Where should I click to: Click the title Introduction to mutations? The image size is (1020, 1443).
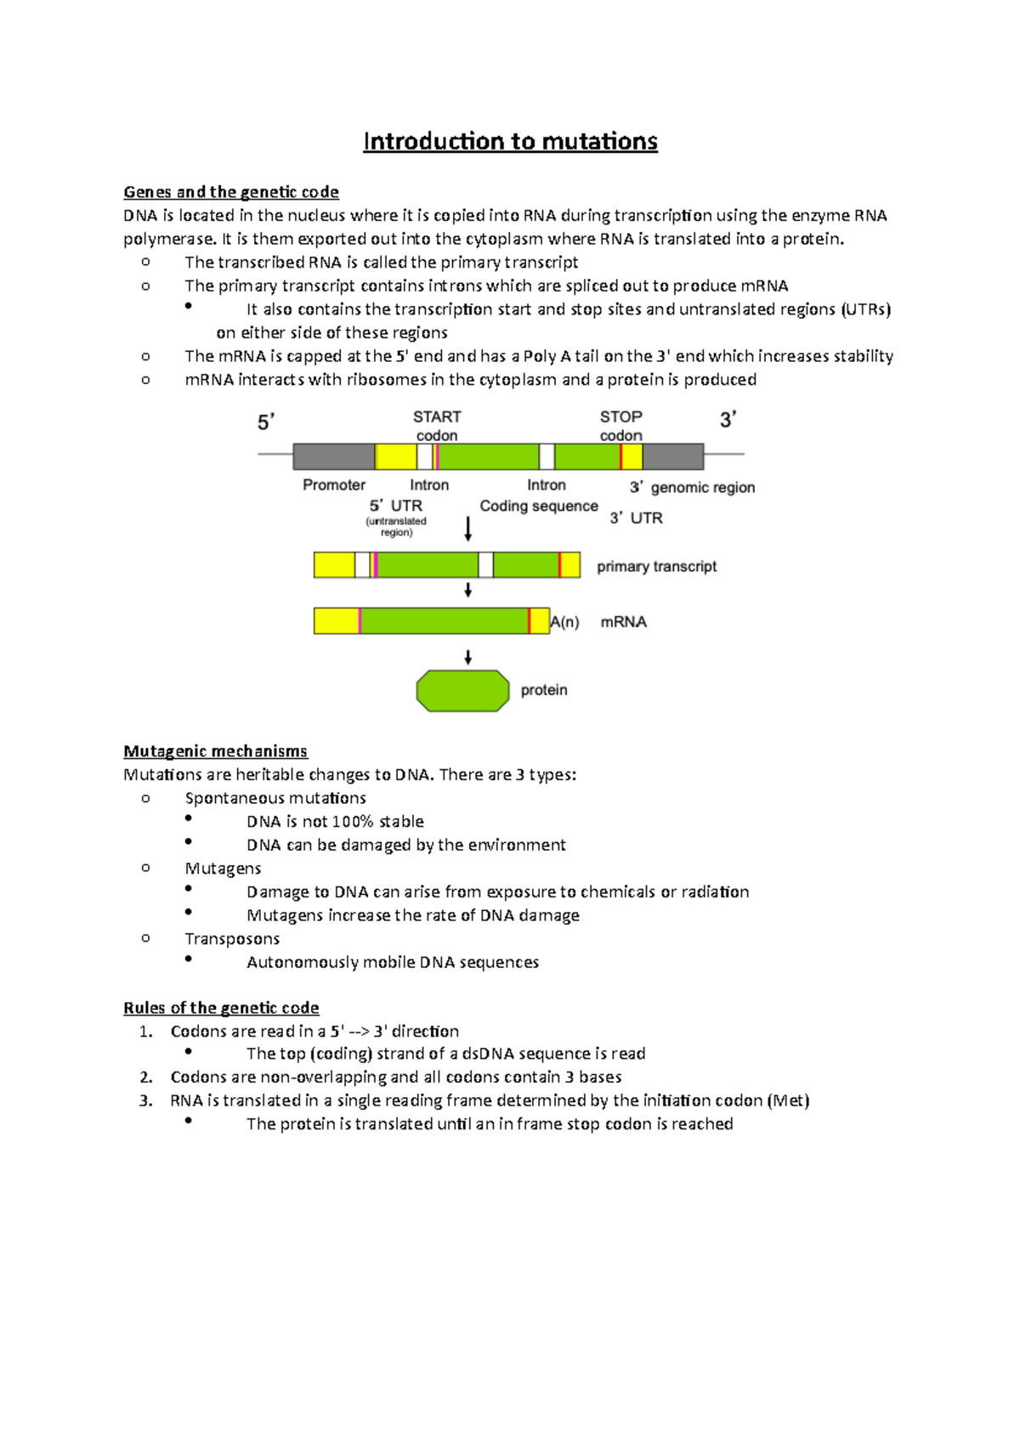tap(510, 141)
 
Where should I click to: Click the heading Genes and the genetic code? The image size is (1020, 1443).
tap(231, 192)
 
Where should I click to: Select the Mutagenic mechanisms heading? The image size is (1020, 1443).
tap(215, 751)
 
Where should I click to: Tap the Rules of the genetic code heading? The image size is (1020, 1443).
tap(221, 1008)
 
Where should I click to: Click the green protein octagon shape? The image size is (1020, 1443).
tap(462, 690)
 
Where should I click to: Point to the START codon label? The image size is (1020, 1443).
tap(437, 426)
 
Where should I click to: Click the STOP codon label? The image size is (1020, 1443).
tap(621, 426)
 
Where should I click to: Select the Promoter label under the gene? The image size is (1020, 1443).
tap(334, 485)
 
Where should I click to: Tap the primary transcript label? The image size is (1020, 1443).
tap(656, 567)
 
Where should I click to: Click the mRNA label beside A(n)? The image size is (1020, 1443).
tap(624, 622)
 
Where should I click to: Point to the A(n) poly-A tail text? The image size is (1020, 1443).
tap(564, 622)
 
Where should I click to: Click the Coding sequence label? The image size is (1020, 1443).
tap(539, 506)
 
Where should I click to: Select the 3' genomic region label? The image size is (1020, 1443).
tap(692, 488)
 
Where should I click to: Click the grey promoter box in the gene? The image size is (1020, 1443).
tap(333, 456)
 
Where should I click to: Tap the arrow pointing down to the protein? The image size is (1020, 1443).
tap(467, 657)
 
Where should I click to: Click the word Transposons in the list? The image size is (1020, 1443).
tap(232, 939)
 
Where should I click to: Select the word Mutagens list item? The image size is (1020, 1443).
tap(223, 869)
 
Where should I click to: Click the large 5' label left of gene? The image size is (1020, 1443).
tap(266, 422)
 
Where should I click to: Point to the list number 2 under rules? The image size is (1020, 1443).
tap(146, 1078)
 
